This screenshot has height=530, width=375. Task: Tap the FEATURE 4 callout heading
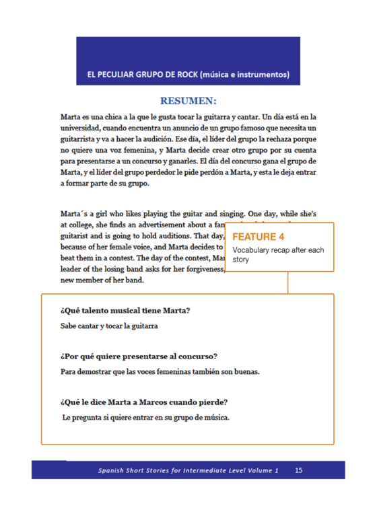pos(259,237)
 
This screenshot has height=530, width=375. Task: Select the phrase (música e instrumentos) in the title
pos(246,74)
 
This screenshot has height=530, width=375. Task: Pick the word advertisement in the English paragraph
pos(170,225)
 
